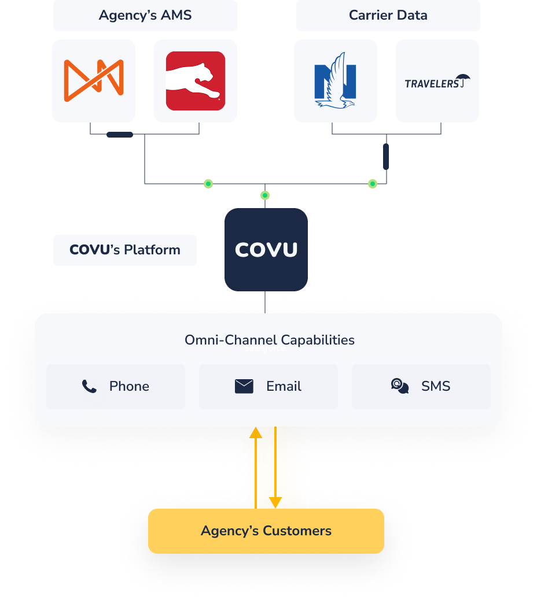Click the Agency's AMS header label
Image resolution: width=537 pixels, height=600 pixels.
point(145,15)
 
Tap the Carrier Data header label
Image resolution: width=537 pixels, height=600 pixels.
point(388,15)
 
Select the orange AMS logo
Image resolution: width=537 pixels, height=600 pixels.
point(94,81)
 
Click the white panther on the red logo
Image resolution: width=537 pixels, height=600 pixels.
point(193,81)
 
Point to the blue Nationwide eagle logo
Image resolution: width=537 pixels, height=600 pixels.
point(336,80)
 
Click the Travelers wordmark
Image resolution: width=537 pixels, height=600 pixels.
point(432,83)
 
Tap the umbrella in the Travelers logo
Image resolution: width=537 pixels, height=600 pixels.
point(463,79)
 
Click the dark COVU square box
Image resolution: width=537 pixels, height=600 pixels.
point(266,250)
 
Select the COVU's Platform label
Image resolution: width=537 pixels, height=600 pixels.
point(125,250)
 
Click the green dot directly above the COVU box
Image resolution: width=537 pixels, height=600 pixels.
point(264,195)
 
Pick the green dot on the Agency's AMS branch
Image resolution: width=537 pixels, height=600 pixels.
point(208,184)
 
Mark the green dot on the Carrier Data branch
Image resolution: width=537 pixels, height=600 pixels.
point(372,184)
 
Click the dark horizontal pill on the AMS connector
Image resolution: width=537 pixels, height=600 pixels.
point(120,135)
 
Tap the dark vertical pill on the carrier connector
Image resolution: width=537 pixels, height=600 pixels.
point(386,157)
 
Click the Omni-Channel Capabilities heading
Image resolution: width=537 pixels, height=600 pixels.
point(270,340)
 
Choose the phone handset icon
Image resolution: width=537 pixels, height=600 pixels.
point(89,387)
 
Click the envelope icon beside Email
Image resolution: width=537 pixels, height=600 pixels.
point(244,387)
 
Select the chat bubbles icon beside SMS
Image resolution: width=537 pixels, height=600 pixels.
point(400,386)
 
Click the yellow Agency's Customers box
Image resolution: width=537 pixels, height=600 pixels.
point(266,531)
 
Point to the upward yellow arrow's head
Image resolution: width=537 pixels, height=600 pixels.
point(256,433)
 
